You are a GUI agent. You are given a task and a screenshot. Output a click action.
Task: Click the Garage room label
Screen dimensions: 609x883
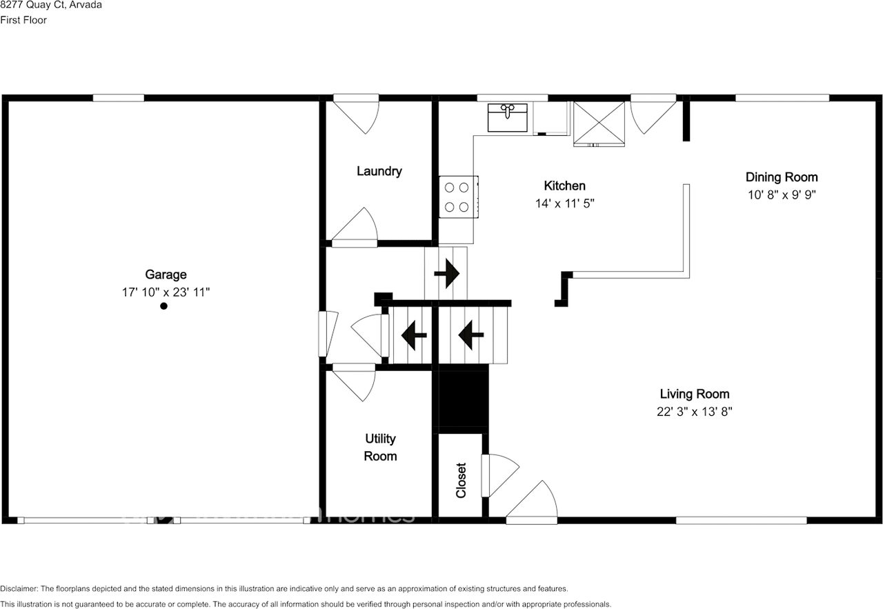pos(166,274)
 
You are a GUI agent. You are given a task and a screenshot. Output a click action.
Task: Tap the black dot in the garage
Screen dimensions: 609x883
pos(163,306)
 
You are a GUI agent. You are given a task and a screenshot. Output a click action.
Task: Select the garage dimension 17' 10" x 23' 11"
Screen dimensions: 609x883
pos(166,292)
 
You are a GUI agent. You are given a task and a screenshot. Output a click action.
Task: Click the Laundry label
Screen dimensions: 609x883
pos(379,171)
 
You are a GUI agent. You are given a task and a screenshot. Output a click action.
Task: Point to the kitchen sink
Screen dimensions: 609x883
pos(508,117)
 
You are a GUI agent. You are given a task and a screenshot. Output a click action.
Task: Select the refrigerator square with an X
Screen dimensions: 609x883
pos(599,123)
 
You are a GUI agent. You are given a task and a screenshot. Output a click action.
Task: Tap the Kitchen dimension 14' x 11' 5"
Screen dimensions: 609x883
pos(564,203)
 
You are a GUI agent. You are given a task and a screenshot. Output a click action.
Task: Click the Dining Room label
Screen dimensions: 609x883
pos(782,177)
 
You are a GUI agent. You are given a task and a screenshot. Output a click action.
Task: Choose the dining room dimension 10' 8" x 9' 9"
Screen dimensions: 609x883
pos(782,194)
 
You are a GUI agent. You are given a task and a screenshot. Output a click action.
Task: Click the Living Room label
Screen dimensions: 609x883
pos(694,394)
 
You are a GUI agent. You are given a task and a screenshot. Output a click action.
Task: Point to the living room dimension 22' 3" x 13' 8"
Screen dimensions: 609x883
pos(694,412)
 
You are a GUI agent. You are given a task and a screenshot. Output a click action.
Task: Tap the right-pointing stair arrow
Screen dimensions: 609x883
pos(447,274)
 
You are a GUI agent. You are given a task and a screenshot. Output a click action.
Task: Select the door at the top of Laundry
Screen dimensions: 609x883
pos(358,112)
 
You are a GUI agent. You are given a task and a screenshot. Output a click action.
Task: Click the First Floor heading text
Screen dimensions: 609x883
pos(23,20)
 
